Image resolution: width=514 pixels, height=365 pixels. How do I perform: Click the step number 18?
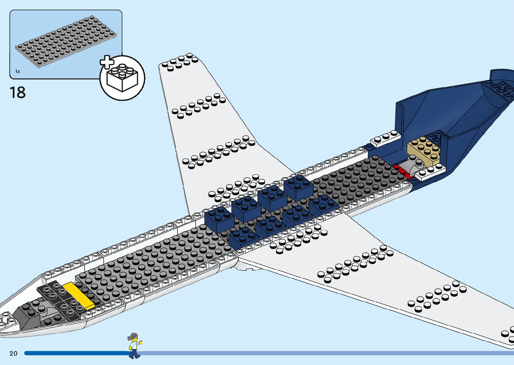(18, 93)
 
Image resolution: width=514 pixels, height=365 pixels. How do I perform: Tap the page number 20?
(13, 353)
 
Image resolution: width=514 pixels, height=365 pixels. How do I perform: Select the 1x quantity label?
(17, 71)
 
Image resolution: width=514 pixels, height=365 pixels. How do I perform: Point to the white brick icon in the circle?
(122, 79)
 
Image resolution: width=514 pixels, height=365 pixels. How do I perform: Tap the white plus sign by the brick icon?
(107, 62)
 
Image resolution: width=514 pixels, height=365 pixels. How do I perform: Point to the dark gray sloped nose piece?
(29, 315)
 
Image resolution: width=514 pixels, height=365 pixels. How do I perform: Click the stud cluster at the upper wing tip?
(180, 62)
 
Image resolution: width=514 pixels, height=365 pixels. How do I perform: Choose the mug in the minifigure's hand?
(141, 342)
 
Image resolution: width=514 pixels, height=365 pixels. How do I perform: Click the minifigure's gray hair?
(133, 336)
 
